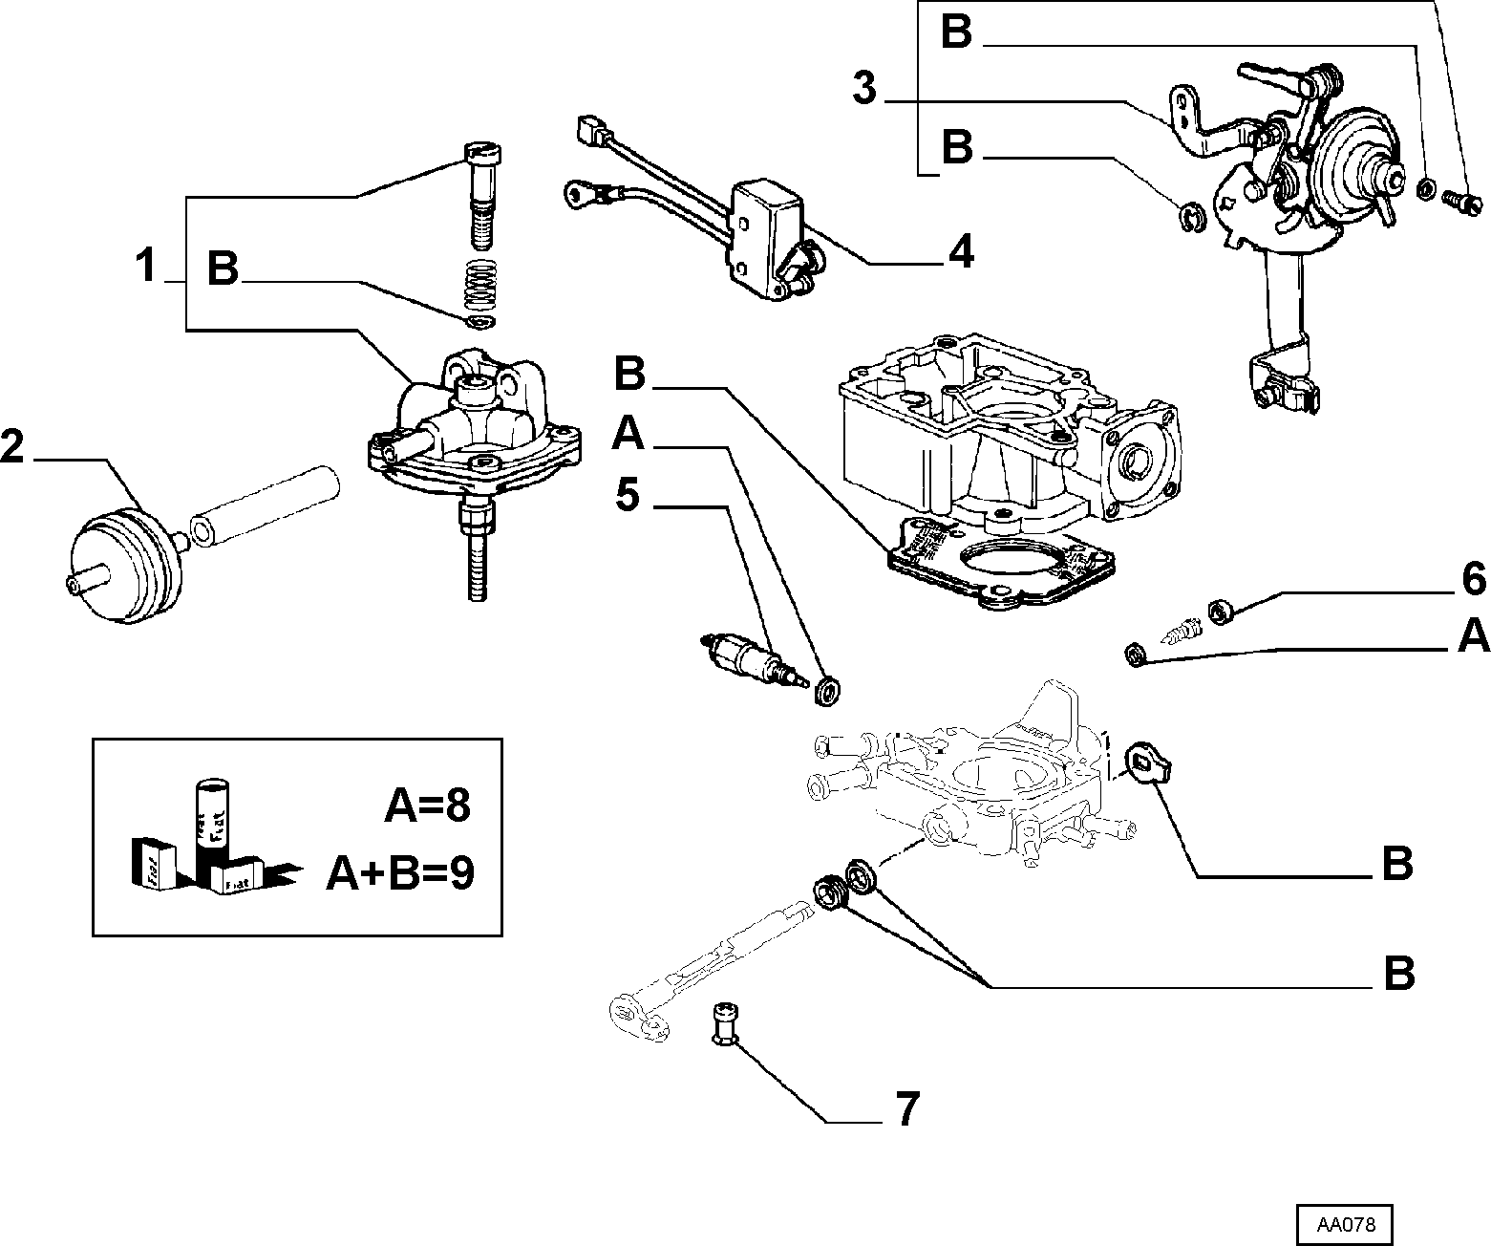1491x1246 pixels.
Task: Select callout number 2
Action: pos(12,446)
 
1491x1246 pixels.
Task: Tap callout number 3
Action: pos(864,89)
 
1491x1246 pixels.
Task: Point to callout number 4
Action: pos(961,251)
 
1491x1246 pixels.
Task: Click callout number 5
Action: pos(628,494)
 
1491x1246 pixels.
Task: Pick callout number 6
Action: pos(1474,579)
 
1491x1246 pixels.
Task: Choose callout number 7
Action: pos(907,1108)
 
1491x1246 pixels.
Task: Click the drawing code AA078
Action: pos(1345,1225)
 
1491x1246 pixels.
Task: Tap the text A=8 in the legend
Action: pos(427,806)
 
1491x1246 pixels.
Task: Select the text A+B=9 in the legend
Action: pos(400,873)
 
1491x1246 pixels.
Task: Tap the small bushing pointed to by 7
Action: pos(726,1023)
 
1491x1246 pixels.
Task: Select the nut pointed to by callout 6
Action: pos(1221,612)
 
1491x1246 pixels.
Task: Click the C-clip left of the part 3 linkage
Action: pos(1190,217)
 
